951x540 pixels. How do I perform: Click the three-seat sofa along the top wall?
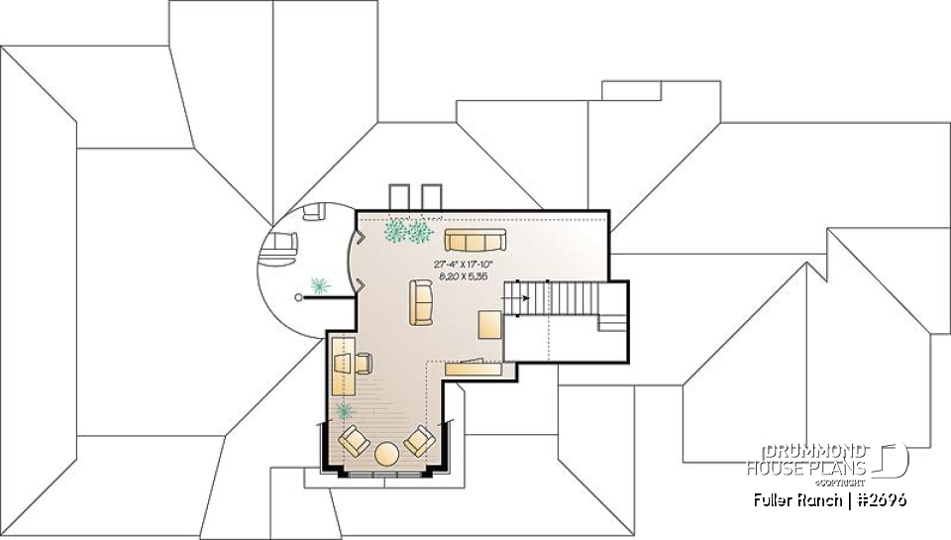(x=475, y=239)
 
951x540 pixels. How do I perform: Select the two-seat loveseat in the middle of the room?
(x=421, y=301)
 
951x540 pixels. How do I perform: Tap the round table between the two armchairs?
(x=386, y=454)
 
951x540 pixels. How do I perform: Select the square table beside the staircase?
(x=491, y=325)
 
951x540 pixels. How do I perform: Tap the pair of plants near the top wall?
(x=408, y=232)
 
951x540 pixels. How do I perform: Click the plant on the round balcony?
(x=320, y=285)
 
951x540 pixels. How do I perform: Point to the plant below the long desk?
(x=346, y=410)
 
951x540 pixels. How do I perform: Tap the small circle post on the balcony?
(x=298, y=295)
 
